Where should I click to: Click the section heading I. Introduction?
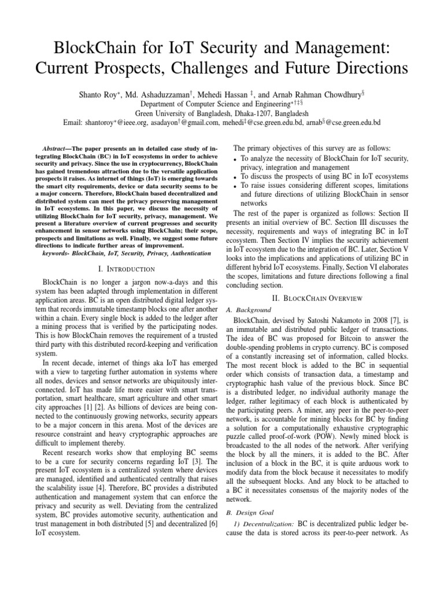point(127,269)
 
